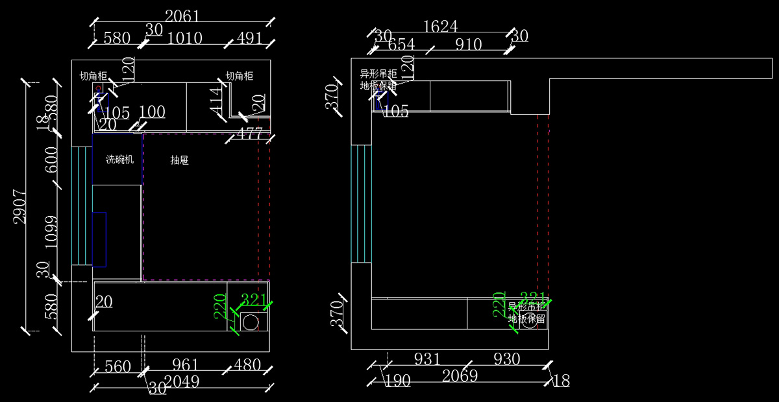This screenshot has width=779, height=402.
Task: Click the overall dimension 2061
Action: tap(182, 16)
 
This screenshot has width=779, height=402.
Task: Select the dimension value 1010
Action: tap(185, 38)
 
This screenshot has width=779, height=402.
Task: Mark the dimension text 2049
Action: tap(182, 382)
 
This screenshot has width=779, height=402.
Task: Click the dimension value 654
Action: tap(401, 45)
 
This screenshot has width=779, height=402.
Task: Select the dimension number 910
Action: tap(468, 45)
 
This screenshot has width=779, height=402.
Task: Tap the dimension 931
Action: tap(427, 359)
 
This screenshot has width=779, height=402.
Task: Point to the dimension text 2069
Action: tap(460, 375)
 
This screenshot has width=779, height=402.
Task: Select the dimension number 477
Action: tap(249, 134)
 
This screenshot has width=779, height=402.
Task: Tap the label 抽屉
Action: tap(179, 160)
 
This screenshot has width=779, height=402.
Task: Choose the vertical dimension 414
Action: tap(216, 100)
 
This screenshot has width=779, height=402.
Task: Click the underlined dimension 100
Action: tap(152, 112)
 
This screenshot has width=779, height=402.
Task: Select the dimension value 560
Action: tap(117, 366)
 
